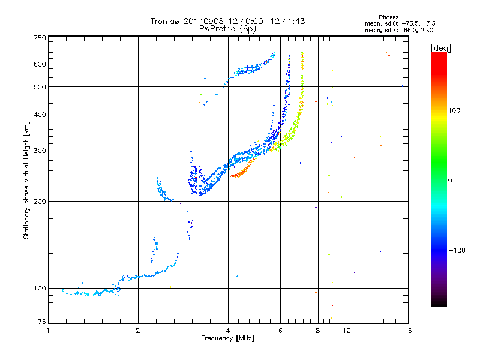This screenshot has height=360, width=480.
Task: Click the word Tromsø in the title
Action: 164,21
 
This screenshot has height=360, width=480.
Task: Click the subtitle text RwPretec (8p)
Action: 227,29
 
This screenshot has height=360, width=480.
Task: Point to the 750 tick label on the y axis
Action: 40,38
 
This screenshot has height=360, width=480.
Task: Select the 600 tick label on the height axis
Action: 40,64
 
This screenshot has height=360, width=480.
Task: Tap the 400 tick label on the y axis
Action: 40,115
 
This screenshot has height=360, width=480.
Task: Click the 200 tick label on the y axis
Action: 40,202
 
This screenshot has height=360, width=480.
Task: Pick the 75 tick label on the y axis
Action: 42,322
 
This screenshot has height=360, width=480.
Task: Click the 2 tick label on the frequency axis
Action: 138,331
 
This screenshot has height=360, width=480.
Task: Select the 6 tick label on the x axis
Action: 280,331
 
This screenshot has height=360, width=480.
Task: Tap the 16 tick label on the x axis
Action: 408,331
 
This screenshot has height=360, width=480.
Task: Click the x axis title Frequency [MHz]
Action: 228,338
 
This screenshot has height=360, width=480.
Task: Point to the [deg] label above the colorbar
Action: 440,48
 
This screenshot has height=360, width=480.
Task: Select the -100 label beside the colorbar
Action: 457,250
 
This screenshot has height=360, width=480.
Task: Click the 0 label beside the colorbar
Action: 450,181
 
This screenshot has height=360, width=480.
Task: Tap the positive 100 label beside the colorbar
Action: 454,110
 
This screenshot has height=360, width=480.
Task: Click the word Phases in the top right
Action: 389,17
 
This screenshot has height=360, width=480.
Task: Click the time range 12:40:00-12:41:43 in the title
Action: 266,21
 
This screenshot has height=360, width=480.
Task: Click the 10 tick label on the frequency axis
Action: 347,331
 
